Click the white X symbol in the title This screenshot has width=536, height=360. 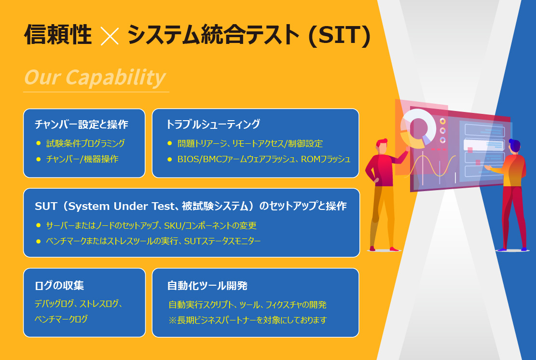[x=110, y=36]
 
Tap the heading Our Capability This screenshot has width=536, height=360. [x=95, y=77]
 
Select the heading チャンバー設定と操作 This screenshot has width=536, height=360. [x=82, y=125]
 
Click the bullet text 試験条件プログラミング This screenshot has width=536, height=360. [x=85, y=143]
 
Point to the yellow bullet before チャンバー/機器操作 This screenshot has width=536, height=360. [x=38, y=159]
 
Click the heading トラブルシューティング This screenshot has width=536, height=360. [x=213, y=124]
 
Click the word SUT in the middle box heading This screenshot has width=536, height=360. [x=46, y=206]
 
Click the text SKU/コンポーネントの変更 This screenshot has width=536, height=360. [x=210, y=226]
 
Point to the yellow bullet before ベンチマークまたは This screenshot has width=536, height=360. [x=38, y=241]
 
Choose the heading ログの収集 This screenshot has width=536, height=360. [x=59, y=286]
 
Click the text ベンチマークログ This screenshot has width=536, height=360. [x=61, y=319]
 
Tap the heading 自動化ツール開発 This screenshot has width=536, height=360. [x=207, y=286]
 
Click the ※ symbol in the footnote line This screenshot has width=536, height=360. [x=173, y=320]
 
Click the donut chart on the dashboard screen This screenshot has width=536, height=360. [x=418, y=128]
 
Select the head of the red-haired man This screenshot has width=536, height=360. [x=382, y=146]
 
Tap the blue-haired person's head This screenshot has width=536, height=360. [x=514, y=146]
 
